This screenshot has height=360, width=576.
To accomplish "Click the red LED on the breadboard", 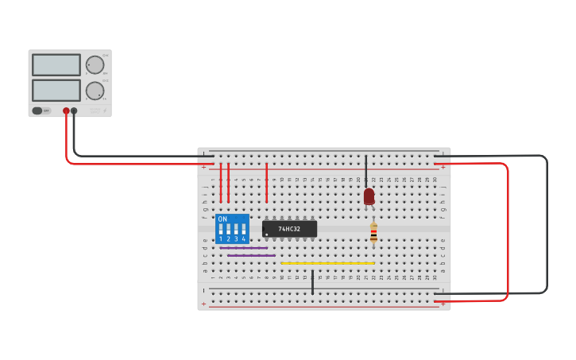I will click(x=369, y=196).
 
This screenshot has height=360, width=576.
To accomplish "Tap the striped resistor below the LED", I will click(x=373, y=232).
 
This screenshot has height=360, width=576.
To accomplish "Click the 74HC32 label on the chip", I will click(x=289, y=229).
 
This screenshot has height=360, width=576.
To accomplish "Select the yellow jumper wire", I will click(x=327, y=263).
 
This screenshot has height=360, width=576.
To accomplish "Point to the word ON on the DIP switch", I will click(x=222, y=219).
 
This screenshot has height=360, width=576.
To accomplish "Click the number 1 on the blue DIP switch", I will click(x=221, y=238).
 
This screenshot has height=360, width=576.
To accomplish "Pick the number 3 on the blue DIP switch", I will click(x=236, y=238).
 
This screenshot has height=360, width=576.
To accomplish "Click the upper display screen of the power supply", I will click(x=56, y=64).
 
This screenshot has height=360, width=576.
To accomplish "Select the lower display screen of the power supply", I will click(x=56, y=90).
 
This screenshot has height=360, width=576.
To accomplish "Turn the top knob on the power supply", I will click(x=95, y=65).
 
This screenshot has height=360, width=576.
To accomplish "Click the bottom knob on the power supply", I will click(x=95, y=91).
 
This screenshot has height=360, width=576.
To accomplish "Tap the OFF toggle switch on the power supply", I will click(x=41, y=110).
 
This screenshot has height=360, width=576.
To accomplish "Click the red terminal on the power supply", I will click(x=66, y=111).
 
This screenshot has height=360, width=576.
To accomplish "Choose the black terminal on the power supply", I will click(x=74, y=111).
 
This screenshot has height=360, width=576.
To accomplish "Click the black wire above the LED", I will click(x=366, y=170).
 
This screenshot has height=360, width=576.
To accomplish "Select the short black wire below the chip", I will click(x=312, y=282).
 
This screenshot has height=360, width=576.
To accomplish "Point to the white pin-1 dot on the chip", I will click(x=267, y=234).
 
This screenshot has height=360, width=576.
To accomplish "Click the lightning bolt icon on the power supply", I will click(x=104, y=110).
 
